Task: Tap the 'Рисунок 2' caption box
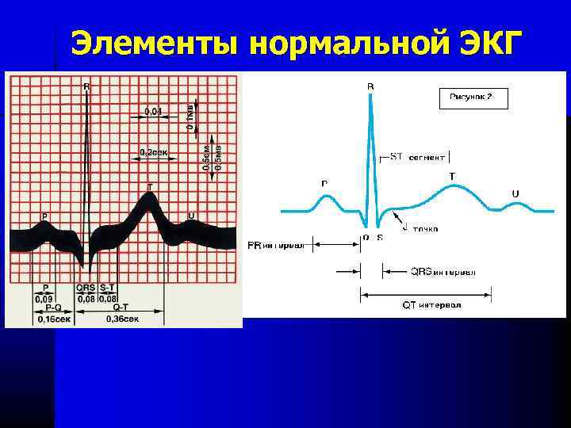(473, 98)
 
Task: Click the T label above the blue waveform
(452, 176)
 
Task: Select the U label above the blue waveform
(515, 193)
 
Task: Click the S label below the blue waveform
(379, 237)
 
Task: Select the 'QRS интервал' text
(443, 271)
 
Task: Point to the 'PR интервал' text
(276, 246)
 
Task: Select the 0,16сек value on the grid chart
(52, 319)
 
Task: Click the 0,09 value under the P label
(44, 299)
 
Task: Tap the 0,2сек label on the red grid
(152, 151)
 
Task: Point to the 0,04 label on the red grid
(153, 111)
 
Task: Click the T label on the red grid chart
(150, 187)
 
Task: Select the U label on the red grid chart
(190, 216)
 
